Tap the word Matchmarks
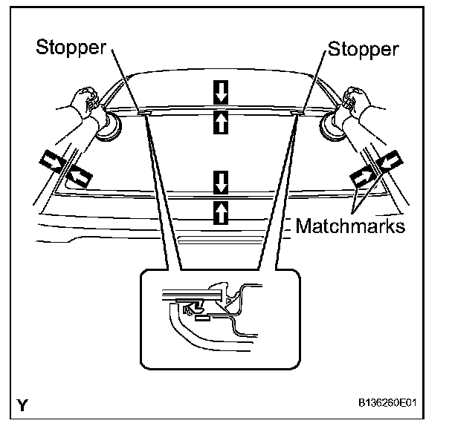click(x=351, y=226)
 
